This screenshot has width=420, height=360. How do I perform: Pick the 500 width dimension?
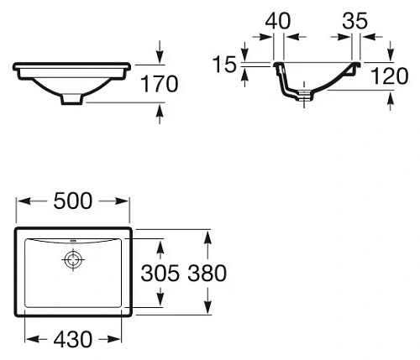tap(73, 201)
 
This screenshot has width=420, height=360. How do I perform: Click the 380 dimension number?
tap(207, 274)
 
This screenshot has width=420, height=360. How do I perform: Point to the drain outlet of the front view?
tap(73, 100)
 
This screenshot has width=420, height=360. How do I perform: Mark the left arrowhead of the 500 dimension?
tap(22, 202)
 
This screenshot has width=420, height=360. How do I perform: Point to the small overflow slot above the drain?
tap(73, 242)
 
